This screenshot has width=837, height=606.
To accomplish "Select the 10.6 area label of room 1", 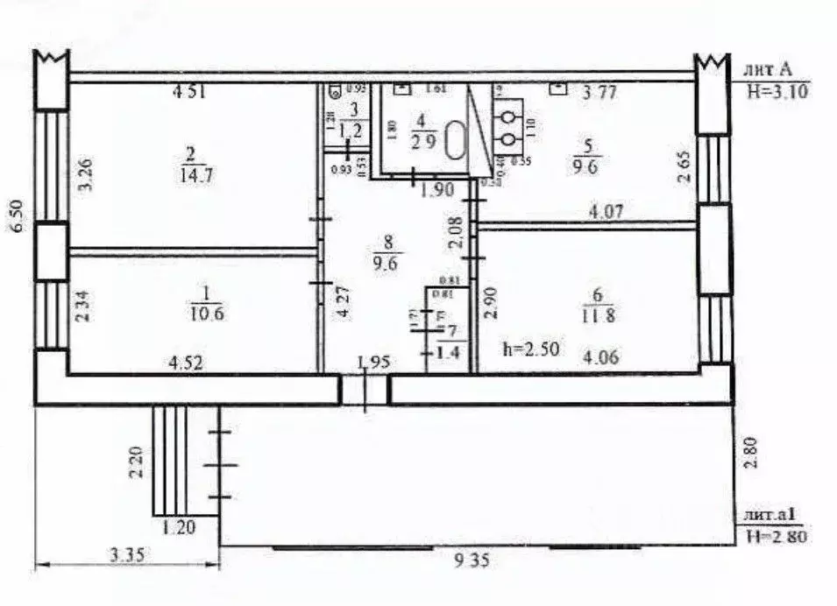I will point(202,313).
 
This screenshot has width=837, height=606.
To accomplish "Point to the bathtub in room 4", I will point(456,140).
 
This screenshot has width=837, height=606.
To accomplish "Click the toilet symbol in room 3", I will point(336,89).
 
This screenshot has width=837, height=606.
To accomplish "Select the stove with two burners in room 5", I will point(508,125).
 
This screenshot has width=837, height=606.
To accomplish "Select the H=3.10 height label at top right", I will point(775,89).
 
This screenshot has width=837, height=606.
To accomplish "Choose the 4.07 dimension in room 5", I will point(606,210).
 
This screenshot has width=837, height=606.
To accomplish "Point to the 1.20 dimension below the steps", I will point(180,526).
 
